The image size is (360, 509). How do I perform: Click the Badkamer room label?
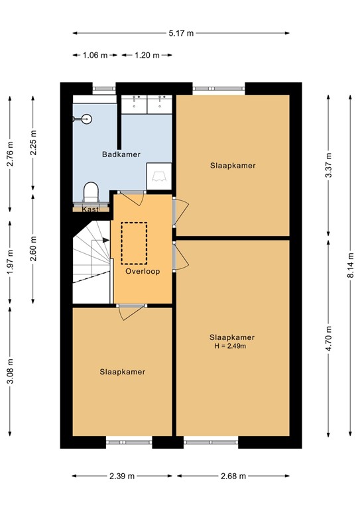(121, 154)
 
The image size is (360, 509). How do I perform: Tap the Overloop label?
(143, 271)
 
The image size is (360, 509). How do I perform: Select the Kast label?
(90, 209)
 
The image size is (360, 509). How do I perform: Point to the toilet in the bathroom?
(91, 193)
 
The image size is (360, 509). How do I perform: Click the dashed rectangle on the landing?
(136, 242)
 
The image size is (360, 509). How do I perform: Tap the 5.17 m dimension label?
(181, 32)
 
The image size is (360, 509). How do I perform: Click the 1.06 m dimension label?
(95, 56)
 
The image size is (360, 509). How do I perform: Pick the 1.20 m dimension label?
(147, 56)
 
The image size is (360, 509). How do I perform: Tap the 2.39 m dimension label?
(122, 476)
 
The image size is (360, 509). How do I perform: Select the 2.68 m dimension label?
(233, 476)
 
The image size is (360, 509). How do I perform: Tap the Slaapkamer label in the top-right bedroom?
(233, 166)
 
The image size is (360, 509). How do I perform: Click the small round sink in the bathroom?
(84, 119)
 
